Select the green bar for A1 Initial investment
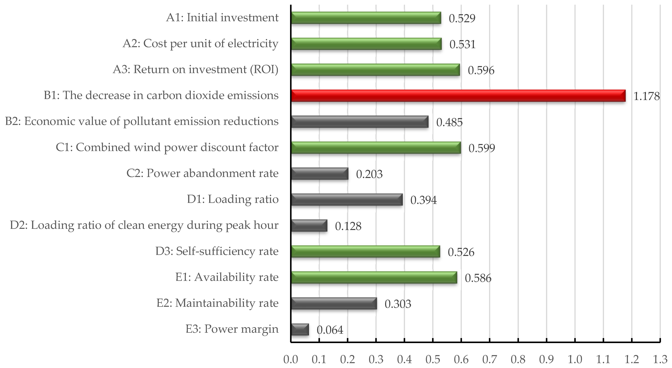coord(366,18)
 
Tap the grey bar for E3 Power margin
coord(300,329)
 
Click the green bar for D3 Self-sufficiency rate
coord(365,252)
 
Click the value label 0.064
coord(330,330)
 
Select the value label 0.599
coord(482,148)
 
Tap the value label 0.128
coord(348,226)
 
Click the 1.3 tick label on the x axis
coord(660,359)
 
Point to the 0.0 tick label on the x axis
coord(291,359)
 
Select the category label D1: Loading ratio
coord(232,199)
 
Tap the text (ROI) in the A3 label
coord(264,69)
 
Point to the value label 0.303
coord(397,304)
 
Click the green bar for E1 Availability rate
coord(374,277)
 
